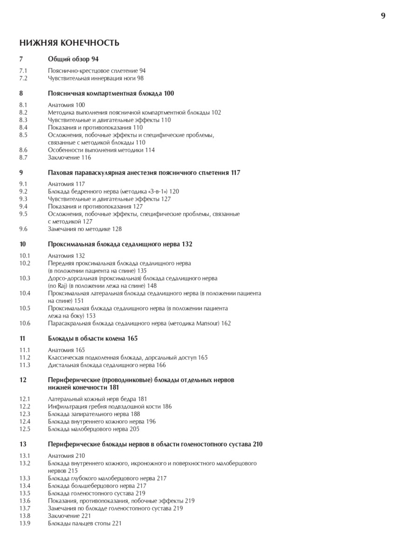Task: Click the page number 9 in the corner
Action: pos(383,15)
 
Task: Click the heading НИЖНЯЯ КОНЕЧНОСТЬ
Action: pos(69,43)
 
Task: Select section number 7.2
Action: pos(24,78)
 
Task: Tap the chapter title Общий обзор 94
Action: pos(73,59)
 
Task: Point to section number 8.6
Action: pos(24,150)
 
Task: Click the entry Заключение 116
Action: pos(69,157)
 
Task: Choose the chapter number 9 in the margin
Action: pos(21,172)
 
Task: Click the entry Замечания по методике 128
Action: pos(85,229)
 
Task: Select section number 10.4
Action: pos(25,293)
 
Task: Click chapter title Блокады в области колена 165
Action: pos(93,339)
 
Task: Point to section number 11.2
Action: pos(25,357)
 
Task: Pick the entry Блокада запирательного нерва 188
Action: pos(94,414)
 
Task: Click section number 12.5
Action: pos(25,429)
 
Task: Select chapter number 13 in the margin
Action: pos(23,444)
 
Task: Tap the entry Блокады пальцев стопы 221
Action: pos(85,523)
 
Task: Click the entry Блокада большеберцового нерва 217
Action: pos(97,485)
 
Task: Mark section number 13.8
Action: pos(25,516)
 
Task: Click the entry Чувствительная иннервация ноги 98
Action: pos(96,78)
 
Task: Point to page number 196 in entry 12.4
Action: pos(150,422)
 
